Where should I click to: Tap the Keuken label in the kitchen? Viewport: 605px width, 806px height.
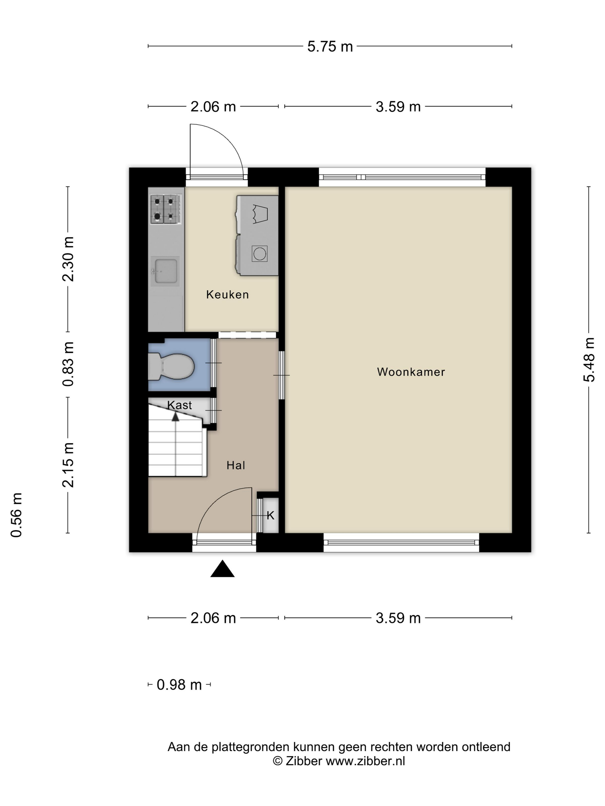(227, 294)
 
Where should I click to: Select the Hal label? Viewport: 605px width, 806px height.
(236, 465)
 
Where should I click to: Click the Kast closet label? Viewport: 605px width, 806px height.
(179, 405)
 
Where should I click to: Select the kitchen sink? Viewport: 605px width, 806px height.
(166, 271)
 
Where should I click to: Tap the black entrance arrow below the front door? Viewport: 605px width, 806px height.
(222, 569)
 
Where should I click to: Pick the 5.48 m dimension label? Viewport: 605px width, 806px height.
(589, 360)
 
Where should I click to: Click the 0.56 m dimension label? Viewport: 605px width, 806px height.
(16, 515)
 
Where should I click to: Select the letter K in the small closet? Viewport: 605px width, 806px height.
(270, 516)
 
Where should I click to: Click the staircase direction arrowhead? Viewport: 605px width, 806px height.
(175, 416)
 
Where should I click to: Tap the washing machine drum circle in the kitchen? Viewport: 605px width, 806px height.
(260, 254)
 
